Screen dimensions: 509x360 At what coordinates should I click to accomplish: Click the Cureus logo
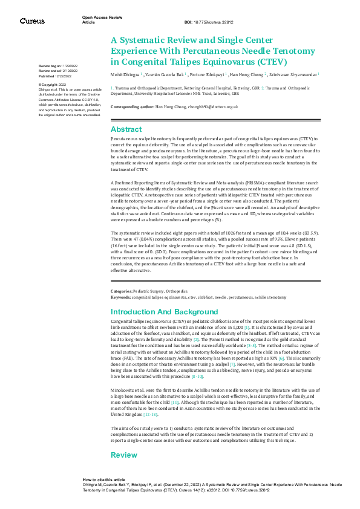point(32,21)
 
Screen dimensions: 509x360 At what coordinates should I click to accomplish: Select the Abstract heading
point(127,129)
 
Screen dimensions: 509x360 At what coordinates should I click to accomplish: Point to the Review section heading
point(124,455)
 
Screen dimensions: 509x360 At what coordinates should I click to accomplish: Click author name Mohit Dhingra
point(125,76)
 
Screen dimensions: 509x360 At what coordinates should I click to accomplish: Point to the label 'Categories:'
point(123,291)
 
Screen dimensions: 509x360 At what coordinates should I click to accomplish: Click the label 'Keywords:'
point(120,298)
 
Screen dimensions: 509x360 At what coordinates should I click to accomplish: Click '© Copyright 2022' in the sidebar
point(52,85)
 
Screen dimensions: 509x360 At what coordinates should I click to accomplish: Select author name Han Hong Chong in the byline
point(246,76)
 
